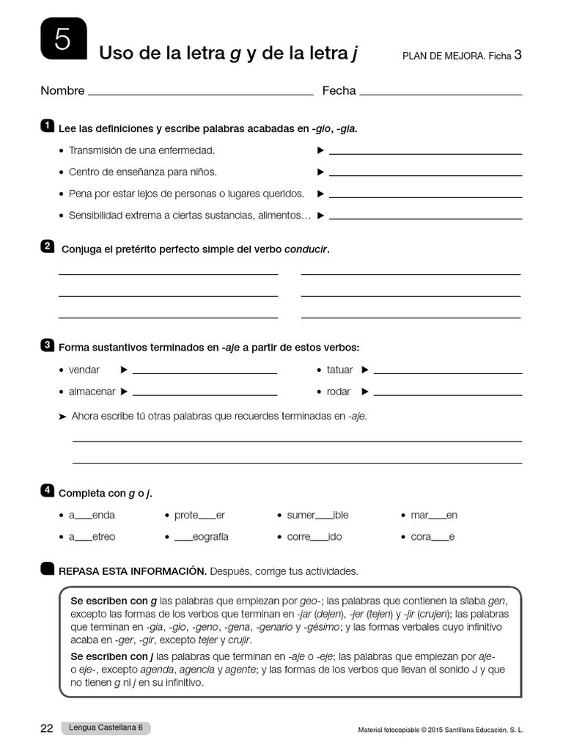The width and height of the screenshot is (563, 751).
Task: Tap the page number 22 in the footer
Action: (47, 728)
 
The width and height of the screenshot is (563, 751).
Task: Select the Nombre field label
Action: (62, 91)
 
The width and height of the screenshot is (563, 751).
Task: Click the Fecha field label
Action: (339, 91)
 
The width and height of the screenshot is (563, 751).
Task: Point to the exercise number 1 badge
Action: (48, 126)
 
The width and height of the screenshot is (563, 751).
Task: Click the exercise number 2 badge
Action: (48, 246)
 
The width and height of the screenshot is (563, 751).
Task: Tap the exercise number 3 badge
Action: (48, 345)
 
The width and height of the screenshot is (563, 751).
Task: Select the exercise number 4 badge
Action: (48, 490)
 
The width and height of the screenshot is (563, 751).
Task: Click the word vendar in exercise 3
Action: (84, 370)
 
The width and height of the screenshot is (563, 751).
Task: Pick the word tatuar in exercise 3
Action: (339, 370)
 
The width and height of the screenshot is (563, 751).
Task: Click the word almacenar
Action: (92, 392)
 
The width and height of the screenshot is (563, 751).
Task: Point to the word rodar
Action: (339, 392)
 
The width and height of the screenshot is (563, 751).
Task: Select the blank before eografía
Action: (183, 538)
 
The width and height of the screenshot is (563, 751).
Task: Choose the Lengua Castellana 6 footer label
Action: (106, 728)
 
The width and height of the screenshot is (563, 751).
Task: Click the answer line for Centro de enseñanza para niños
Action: (426, 175)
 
